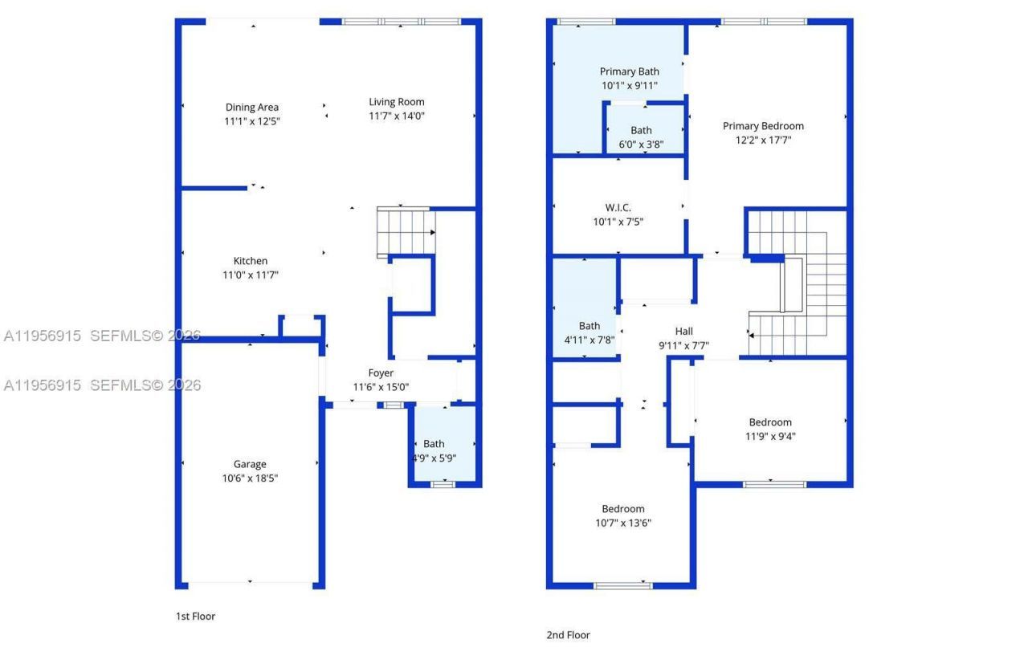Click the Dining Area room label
click(251, 107)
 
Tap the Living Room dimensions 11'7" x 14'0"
click(396, 116)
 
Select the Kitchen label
click(250, 261)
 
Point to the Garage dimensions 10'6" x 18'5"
click(250, 479)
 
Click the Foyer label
click(381, 373)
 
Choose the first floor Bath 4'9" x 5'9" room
click(443, 450)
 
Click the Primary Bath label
click(629, 71)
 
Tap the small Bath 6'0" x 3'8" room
click(641, 136)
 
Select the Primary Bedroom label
click(762, 126)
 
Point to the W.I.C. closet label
click(618, 208)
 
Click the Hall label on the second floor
click(683, 331)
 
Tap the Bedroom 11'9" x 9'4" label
click(769, 422)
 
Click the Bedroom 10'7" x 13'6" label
click(622, 509)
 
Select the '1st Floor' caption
click(195, 617)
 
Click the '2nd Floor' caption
click(568, 635)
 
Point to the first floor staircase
click(406, 232)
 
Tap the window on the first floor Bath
click(443, 484)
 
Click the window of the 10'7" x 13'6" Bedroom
click(622, 585)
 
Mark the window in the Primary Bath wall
click(585, 22)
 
